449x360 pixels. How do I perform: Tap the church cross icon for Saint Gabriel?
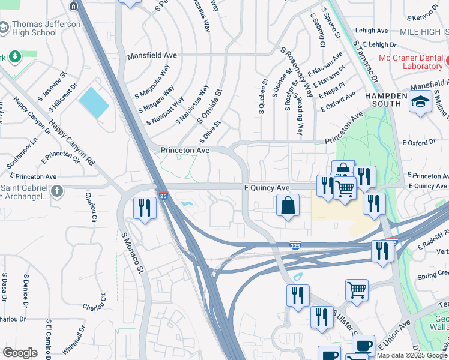pos(56,191)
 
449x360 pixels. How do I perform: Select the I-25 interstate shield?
pos(163,196)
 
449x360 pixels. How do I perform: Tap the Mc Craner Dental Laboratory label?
pos(414,63)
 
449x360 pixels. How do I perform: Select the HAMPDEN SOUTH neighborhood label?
pos(384,100)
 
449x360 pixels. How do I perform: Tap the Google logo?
pos(20,353)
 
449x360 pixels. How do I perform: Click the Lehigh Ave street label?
pos(372,31)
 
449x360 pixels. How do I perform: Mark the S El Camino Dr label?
pos(47,338)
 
